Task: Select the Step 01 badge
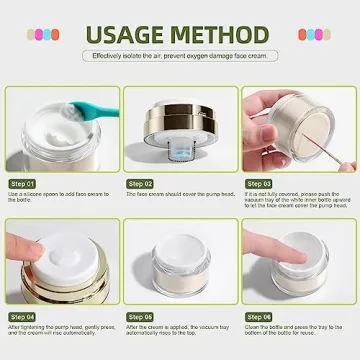point(24,184)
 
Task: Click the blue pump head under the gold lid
point(179,153)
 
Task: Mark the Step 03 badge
point(260,184)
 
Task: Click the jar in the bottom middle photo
point(180,270)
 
